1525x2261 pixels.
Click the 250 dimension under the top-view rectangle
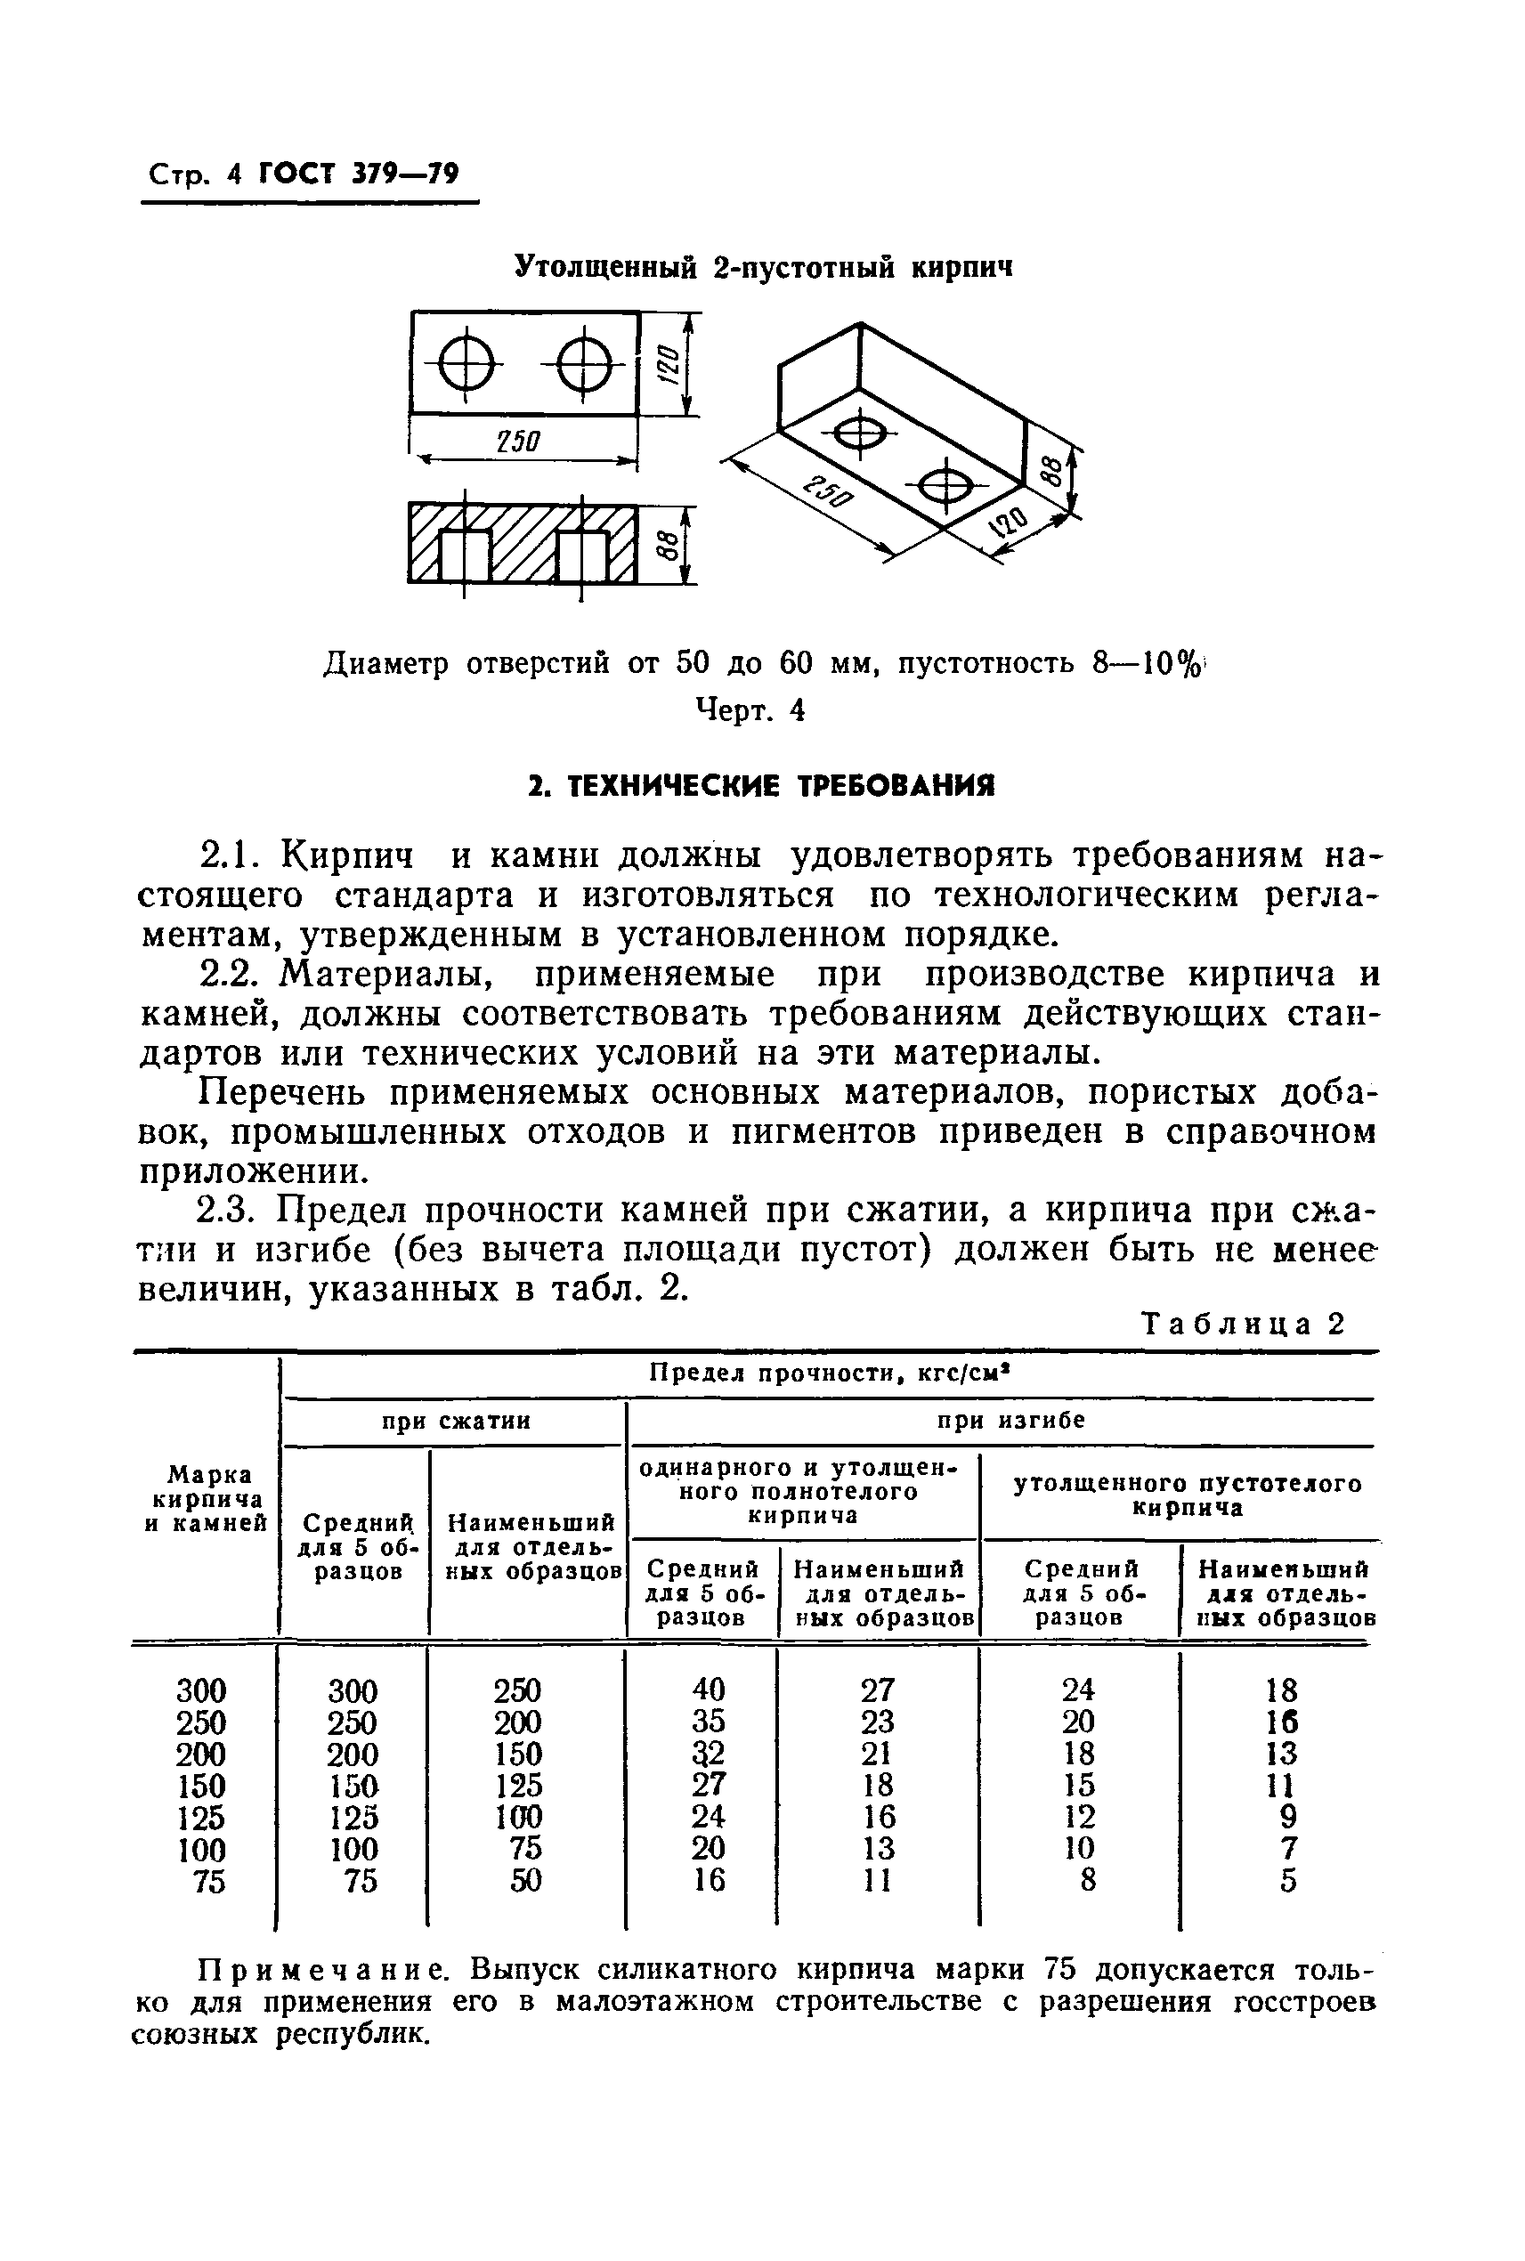pyautogui.click(x=516, y=442)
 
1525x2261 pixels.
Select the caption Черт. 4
pyautogui.click(x=749, y=711)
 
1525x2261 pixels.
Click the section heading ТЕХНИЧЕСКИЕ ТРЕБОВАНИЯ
pyautogui.click(x=761, y=786)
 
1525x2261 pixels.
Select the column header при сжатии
pyautogui.click(x=455, y=1421)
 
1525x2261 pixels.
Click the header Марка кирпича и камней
pyautogui.click(x=206, y=1499)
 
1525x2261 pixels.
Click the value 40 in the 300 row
pyautogui.click(x=708, y=1690)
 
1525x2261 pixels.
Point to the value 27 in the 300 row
pyautogui.click(x=877, y=1690)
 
